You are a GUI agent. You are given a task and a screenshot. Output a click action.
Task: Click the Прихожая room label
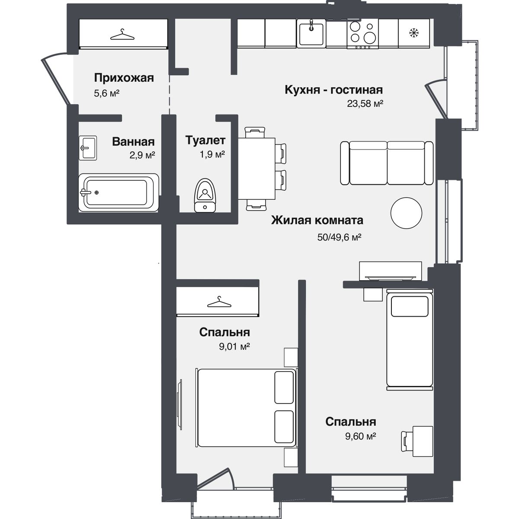(x=124, y=78)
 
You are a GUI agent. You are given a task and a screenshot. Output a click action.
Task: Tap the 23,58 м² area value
(x=365, y=103)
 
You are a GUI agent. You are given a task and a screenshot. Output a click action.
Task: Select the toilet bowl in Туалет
(x=205, y=195)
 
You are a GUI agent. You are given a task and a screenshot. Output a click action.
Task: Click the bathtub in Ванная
(x=119, y=192)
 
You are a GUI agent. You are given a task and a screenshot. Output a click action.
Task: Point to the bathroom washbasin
(x=88, y=148)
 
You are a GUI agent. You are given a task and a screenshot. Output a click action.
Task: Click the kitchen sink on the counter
(x=311, y=33)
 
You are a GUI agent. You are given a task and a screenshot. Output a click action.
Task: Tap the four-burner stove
(x=362, y=34)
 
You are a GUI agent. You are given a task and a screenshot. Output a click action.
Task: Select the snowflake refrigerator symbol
(x=414, y=33)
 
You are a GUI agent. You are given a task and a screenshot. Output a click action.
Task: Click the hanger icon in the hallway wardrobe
(x=122, y=35)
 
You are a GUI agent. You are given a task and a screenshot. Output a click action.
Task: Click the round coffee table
(x=406, y=213)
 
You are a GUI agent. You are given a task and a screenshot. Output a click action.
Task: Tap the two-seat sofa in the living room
(x=387, y=163)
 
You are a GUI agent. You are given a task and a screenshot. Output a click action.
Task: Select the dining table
(x=256, y=169)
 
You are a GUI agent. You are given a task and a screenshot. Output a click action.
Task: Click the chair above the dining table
(x=255, y=132)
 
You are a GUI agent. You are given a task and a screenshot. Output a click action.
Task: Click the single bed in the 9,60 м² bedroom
(x=410, y=340)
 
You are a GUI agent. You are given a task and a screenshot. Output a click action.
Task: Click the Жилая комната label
(x=317, y=220)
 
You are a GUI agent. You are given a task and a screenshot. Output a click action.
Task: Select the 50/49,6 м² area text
(x=339, y=237)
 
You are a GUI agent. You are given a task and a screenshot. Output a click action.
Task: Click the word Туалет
(x=205, y=140)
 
